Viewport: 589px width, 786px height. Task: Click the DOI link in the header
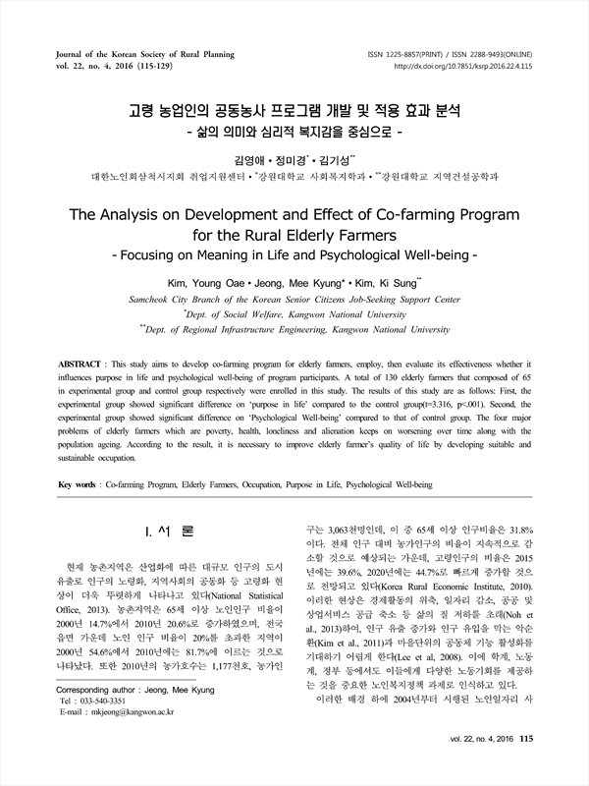click(x=477, y=66)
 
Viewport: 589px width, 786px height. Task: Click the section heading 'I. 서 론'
click(x=168, y=532)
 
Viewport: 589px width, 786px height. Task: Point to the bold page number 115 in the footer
click(x=525, y=765)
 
